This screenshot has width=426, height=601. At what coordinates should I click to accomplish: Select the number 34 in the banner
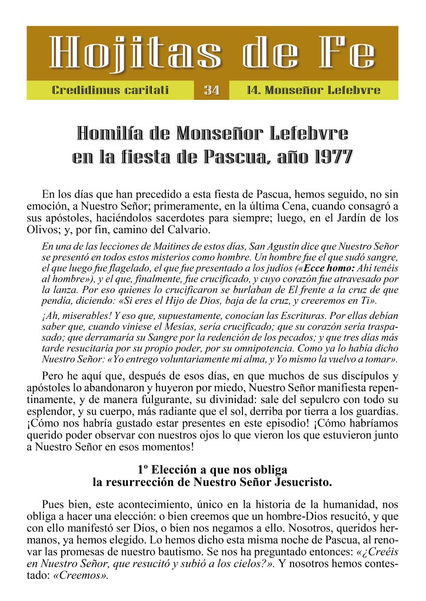tap(211, 90)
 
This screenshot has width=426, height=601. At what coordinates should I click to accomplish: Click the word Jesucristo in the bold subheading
tap(301, 483)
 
